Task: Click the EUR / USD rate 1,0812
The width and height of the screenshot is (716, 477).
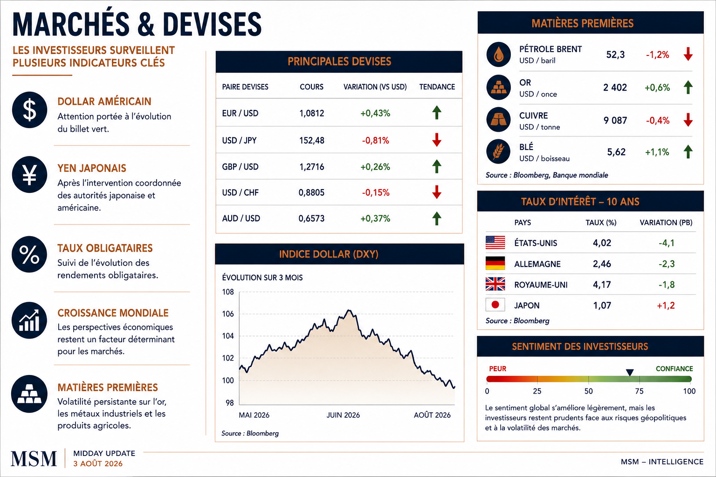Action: [312, 113]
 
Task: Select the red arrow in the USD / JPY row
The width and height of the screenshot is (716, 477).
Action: [437, 140]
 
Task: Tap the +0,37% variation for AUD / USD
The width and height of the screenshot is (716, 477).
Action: [375, 218]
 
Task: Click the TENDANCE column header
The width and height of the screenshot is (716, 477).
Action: [437, 87]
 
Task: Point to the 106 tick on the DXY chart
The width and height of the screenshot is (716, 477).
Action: [228, 314]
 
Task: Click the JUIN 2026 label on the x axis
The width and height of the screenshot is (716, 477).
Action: [343, 415]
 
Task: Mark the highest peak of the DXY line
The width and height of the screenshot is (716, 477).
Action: [349, 310]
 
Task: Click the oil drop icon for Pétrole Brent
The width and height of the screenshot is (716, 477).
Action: [498, 55]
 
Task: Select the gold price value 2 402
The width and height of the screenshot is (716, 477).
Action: [615, 88]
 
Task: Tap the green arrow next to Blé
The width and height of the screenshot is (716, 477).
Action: [688, 151]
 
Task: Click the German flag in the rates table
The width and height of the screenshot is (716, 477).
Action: [495, 263]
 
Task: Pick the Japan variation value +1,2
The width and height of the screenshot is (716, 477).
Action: [666, 306]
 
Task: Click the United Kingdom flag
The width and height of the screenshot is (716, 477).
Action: [495, 284]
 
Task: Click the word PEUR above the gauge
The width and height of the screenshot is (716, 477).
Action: [498, 368]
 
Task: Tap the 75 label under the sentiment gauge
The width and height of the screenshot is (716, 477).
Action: [639, 391]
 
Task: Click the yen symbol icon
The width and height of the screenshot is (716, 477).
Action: [29, 174]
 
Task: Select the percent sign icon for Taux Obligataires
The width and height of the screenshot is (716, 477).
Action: [29, 254]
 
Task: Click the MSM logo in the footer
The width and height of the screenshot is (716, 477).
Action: [34, 459]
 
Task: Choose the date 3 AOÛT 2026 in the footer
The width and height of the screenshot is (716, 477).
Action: [98, 463]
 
